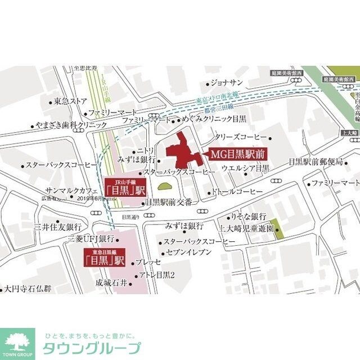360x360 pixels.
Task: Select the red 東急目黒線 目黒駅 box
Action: [103, 257]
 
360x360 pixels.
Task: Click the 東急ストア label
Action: [70, 101]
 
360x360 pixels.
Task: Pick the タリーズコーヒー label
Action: [241, 137]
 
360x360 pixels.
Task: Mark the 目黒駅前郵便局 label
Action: [315, 161]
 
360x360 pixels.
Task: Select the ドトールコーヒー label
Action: [236, 192]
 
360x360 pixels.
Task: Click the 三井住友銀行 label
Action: [58, 227]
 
